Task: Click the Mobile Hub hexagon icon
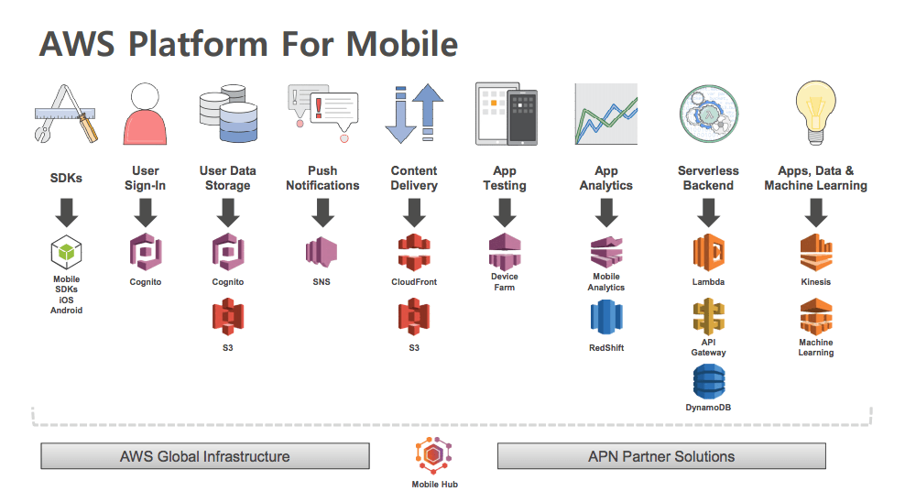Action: click(x=434, y=455)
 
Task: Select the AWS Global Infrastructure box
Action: click(x=205, y=456)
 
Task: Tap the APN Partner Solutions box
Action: click(x=660, y=456)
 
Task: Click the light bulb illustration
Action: click(x=815, y=112)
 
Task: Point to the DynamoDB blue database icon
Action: click(x=709, y=381)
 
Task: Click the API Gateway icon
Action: click(x=709, y=317)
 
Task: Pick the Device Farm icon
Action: click(x=505, y=250)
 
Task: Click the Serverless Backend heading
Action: click(x=708, y=178)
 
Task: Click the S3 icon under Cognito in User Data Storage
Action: click(x=227, y=318)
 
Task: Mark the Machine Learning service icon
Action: click(x=815, y=318)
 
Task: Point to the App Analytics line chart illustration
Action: click(x=605, y=114)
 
